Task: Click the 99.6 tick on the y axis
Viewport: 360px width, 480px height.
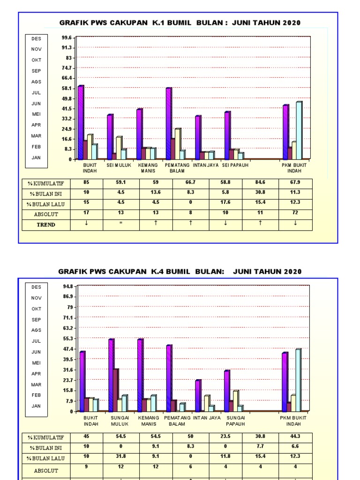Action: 66,37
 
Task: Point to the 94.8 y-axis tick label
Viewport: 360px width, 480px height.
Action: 66,286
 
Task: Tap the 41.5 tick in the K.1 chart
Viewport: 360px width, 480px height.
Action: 66,109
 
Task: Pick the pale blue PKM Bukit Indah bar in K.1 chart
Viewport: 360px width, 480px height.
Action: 299,130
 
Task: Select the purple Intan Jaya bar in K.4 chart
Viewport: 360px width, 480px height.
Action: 198,396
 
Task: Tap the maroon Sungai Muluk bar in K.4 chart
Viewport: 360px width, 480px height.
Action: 115,390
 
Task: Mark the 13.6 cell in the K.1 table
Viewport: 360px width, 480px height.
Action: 156,193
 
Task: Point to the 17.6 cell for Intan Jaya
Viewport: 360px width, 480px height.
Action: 225,203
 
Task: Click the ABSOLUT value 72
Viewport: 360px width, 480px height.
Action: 295,213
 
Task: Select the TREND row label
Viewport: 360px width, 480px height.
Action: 46,225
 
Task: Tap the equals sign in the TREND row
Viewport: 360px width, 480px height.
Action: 121,224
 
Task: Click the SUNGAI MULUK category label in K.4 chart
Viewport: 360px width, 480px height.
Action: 120,420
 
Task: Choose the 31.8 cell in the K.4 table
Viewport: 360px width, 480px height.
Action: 121,456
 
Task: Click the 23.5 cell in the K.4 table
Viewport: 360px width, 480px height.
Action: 225,436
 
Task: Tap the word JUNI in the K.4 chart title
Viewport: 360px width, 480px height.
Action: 242,271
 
